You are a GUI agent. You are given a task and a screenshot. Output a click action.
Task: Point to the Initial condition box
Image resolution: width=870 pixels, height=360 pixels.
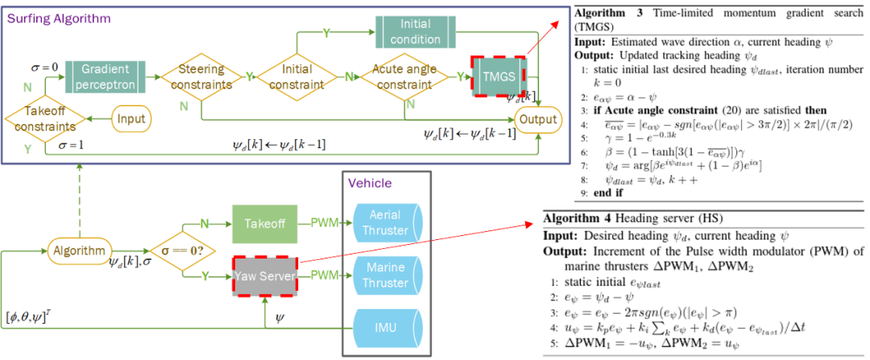click(416, 32)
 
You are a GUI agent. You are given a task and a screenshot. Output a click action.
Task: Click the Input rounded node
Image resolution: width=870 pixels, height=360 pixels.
click(131, 119)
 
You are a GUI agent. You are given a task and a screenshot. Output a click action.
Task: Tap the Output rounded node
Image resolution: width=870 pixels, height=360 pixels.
click(537, 119)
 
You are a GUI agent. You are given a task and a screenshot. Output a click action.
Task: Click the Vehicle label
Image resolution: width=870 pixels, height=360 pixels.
click(370, 184)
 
